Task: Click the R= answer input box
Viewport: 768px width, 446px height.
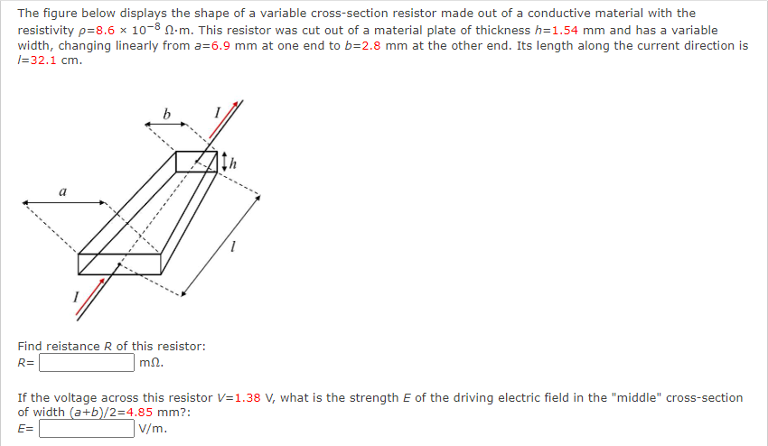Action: [x=87, y=363]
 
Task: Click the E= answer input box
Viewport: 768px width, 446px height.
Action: [x=87, y=428]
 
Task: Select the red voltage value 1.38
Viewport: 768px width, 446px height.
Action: [x=250, y=397]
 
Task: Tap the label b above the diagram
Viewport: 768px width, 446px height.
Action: [x=166, y=114]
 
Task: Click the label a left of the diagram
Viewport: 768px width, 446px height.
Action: [x=61, y=191]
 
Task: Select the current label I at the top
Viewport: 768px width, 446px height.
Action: [x=217, y=112]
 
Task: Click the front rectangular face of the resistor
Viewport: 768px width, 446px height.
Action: [x=119, y=264]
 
